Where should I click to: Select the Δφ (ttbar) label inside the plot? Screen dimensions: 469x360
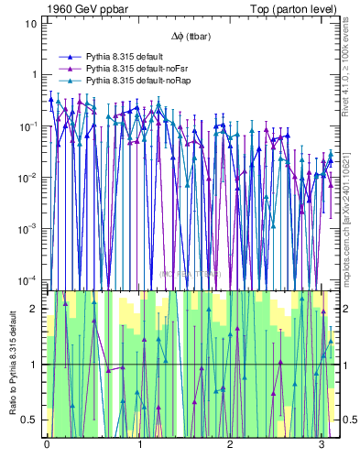(x=188, y=37)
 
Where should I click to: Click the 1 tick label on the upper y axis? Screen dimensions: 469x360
(x=33, y=74)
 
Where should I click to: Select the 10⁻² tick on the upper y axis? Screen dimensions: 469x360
(x=28, y=176)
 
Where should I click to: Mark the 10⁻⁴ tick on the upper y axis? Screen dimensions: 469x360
(x=28, y=278)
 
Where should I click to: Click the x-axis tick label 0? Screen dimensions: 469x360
(x=47, y=444)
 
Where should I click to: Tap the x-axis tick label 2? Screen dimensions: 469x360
(x=231, y=444)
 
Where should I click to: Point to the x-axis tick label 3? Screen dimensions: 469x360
(x=322, y=444)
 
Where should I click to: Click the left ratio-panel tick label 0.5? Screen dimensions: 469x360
(x=28, y=420)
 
